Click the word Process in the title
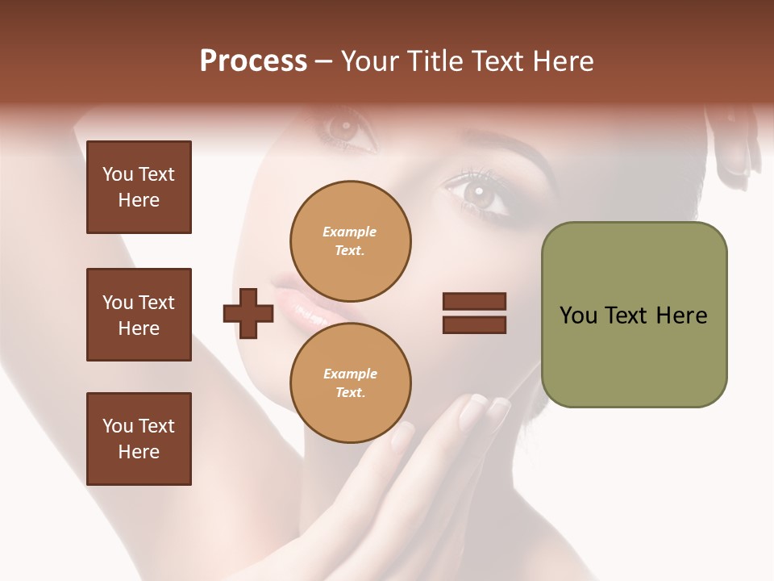tap(253, 61)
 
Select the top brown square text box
tap(139, 187)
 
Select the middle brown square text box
tap(139, 315)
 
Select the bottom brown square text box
tap(139, 439)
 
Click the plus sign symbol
tap(248, 314)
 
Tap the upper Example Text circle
tap(350, 241)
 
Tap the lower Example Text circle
tap(350, 383)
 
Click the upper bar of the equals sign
tap(474, 301)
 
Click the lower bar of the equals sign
tap(474, 325)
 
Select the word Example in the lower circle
tap(350, 374)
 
